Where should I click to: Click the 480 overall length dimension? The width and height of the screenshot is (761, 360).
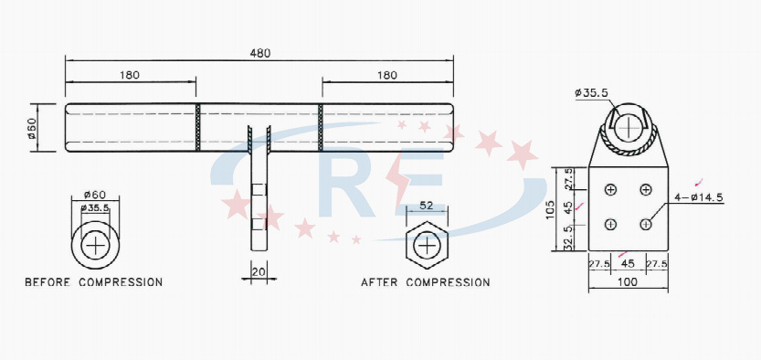(259, 53)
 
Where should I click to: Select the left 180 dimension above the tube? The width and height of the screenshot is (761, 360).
(129, 75)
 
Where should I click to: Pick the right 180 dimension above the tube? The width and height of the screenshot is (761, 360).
(386, 75)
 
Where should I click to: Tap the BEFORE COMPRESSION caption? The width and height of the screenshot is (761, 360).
(94, 282)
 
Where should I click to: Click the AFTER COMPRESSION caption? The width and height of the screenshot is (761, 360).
(426, 282)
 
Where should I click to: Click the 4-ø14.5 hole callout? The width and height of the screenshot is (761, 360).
(699, 197)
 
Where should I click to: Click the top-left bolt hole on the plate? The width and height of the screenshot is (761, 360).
(610, 189)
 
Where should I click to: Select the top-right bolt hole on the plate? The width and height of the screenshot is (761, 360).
(646, 189)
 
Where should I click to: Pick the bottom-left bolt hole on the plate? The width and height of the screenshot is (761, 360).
(610, 224)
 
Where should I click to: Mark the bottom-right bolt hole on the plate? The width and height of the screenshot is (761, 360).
(646, 224)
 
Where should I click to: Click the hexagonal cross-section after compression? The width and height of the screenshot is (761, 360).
(426, 245)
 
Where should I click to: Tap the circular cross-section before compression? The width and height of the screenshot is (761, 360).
(95, 245)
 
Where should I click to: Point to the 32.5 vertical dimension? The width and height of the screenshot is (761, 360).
(567, 238)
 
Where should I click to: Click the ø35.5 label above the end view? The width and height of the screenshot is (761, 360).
(592, 92)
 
